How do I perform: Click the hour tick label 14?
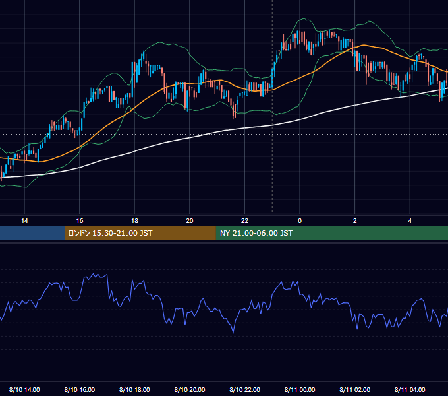pyautogui.click(x=24, y=221)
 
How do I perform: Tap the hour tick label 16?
pyautogui.click(x=80, y=221)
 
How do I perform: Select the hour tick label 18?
pyautogui.click(x=134, y=221)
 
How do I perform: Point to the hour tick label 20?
pyautogui.click(x=190, y=221)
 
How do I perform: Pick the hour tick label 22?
pyautogui.click(x=244, y=221)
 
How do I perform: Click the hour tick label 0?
pyautogui.click(x=300, y=221)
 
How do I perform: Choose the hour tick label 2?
pyautogui.click(x=355, y=221)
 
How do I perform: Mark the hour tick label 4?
pyautogui.click(x=410, y=221)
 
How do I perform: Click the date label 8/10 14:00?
pyautogui.click(x=24, y=389)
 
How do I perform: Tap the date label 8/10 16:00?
pyautogui.click(x=80, y=389)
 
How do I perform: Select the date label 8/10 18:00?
pyautogui.click(x=134, y=389)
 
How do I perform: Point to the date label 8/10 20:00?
pyautogui.click(x=190, y=389)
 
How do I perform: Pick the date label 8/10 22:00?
pyautogui.click(x=245, y=389)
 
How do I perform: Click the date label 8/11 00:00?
pyautogui.click(x=300, y=389)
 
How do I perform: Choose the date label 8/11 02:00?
pyautogui.click(x=355, y=389)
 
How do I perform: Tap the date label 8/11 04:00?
pyautogui.click(x=410, y=389)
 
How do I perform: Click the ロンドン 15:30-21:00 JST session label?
pyautogui.click(x=110, y=233)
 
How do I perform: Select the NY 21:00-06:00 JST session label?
pyautogui.click(x=256, y=233)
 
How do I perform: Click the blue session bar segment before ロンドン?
pyautogui.click(x=32, y=233)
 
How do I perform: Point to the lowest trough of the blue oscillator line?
pyautogui.click(x=233, y=333)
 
